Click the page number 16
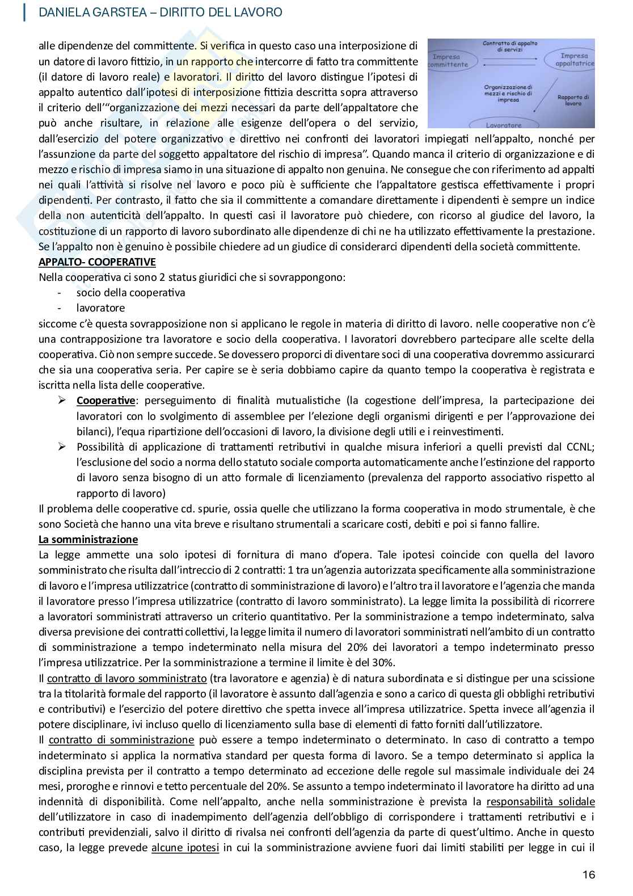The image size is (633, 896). [x=589, y=874]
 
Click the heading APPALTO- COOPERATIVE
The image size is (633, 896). [x=97, y=262]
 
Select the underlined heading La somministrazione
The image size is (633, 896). [x=88, y=539]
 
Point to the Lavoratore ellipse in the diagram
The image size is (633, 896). [x=504, y=124]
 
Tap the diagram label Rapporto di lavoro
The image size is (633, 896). [x=573, y=100]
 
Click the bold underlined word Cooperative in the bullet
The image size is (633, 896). [x=106, y=401]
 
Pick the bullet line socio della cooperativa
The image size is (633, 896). [x=130, y=293]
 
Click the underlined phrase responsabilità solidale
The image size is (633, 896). [x=541, y=802]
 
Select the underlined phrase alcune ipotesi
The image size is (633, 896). [x=185, y=848]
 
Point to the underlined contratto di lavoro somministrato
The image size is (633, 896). [x=126, y=678]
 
